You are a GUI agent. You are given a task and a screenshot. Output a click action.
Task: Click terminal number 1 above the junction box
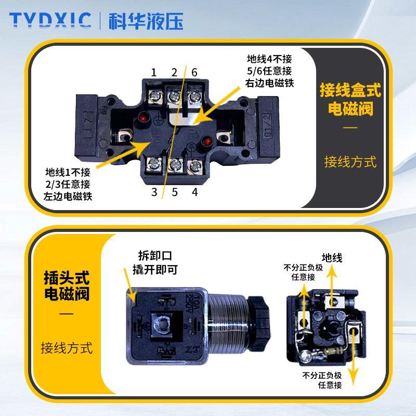[x=154, y=72]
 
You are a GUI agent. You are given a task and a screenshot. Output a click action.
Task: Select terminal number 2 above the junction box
[x=174, y=72]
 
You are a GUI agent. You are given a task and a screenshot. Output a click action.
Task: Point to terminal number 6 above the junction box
[x=194, y=72]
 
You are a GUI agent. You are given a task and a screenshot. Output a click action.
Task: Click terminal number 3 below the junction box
[x=154, y=192]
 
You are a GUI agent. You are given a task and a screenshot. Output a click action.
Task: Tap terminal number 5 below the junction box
[x=175, y=192]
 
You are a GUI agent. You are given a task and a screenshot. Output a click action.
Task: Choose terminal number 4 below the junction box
[x=194, y=192]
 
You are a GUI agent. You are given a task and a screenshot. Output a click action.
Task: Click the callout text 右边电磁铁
[x=269, y=83]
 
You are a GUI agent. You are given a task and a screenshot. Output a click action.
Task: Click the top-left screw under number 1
[x=154, y=96]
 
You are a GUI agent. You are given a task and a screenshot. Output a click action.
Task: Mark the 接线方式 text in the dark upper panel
[x=350, y=162]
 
